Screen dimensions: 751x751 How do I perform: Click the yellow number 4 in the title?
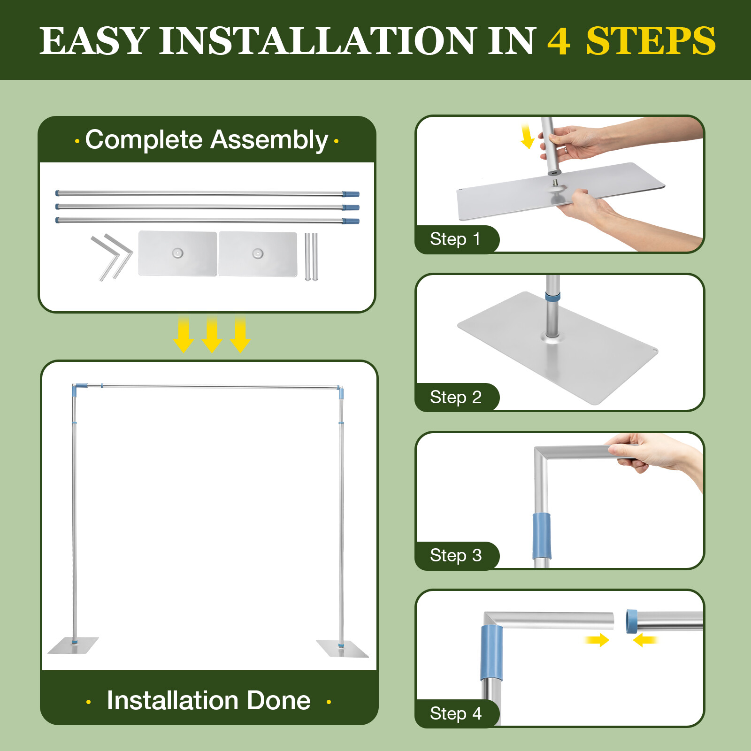pos(559,41)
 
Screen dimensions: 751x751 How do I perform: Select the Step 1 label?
pos(455,239)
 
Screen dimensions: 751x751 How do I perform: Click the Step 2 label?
pos(456,397)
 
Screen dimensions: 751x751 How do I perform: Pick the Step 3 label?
pos(456,555)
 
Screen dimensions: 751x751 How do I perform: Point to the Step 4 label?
pos(456,713)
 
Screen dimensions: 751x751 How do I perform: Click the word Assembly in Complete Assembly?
pos(269,140)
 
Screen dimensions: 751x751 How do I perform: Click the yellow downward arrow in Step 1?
pos(527,136)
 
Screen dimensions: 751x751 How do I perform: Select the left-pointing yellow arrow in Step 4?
pos(645,640)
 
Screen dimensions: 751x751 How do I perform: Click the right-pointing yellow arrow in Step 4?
pos(597,640)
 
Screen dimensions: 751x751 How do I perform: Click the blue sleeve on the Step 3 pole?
pos(542,536)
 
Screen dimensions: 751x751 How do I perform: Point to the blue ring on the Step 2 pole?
pos(552,297)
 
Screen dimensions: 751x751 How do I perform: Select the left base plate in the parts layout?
pos(178,253)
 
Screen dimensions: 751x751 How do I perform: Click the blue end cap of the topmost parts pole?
pos(351,194)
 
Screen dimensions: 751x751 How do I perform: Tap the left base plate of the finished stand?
pos(73,645)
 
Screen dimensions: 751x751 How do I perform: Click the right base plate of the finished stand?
pos(343,648)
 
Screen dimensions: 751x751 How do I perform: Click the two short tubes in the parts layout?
pos(311,257)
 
